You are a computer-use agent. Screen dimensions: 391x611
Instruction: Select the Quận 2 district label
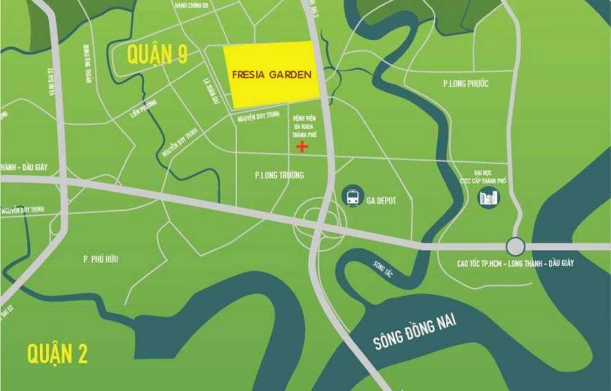point(57,354)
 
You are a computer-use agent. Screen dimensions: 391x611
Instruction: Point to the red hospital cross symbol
point(301,147)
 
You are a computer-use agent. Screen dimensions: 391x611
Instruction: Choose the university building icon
point(489,197)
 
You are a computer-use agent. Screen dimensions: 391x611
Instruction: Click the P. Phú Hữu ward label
point(101,260)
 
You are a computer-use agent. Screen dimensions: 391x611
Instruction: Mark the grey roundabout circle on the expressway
point(515,246)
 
